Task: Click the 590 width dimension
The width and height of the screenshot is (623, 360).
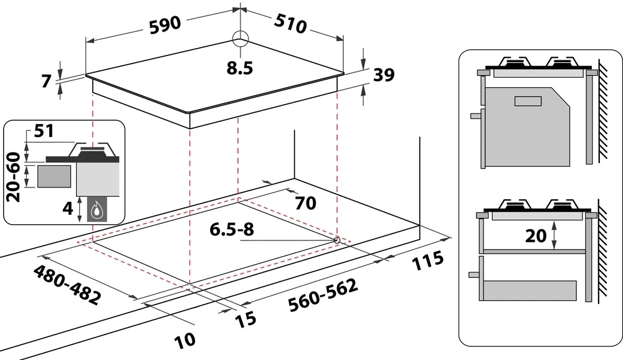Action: click(165, 25)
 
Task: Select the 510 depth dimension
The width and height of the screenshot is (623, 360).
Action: click(290, 24)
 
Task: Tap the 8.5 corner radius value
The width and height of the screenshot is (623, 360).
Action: click(240, 68)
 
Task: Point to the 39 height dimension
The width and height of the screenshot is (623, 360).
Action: click(384, 74)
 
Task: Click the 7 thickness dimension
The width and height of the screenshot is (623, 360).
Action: click(47, 81)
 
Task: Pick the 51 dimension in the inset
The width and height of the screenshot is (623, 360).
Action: click(44, 131)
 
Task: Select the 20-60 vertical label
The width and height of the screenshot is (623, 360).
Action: click(14, 177)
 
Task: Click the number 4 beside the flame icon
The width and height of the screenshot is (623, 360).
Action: click(69, 208)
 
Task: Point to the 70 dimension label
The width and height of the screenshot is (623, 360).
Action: click(305, 202)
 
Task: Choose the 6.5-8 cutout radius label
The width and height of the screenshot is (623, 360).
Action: click(232, 229)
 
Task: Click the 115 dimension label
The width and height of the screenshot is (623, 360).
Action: click(427, 260)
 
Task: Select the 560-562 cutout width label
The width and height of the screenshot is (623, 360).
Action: click(323, 295)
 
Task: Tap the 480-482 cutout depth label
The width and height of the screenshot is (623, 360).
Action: click(67, 285)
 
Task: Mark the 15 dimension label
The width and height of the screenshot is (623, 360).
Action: click(245, 320)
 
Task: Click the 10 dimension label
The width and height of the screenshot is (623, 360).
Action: click(185, 340)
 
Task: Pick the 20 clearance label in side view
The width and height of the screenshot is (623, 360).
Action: click(536, 235)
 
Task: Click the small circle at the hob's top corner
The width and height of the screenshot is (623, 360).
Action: click(240, 39)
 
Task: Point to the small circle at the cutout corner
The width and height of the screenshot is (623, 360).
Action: click(336, 240)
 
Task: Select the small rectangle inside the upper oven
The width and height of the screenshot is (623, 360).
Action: click(528, 101)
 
